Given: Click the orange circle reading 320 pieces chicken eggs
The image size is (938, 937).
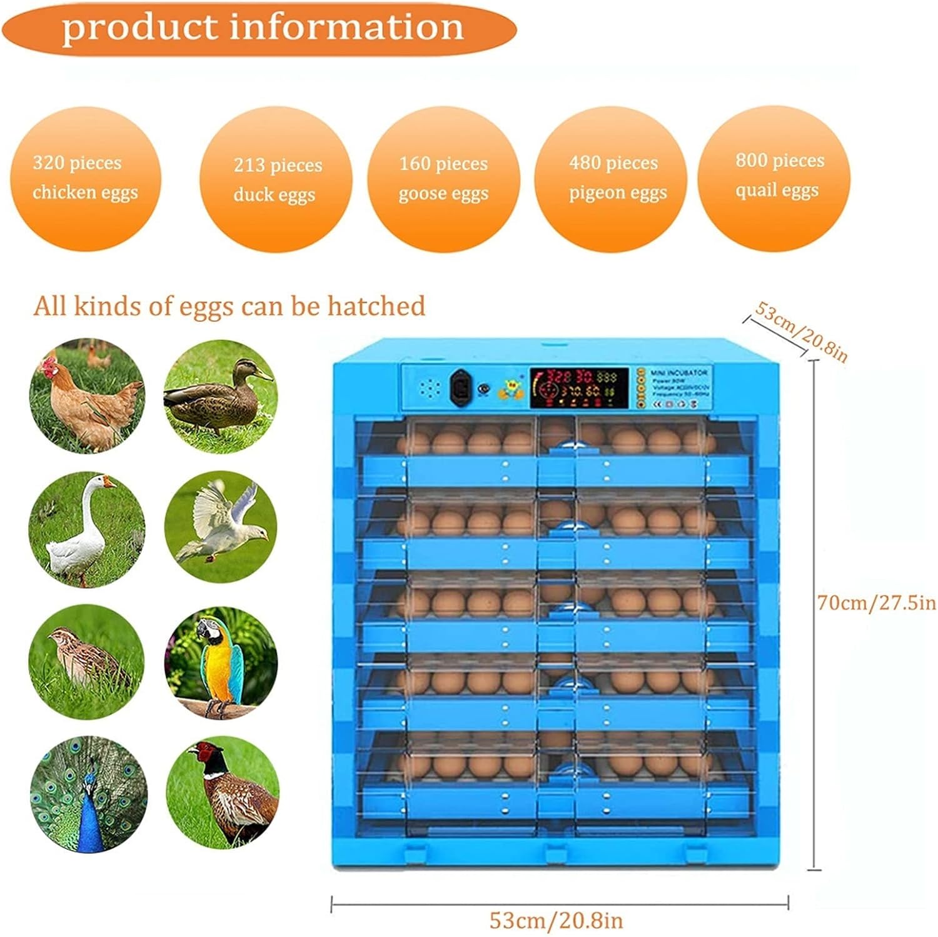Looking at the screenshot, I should click(86, 178).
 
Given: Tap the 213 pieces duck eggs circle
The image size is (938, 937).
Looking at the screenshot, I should click(276, 179).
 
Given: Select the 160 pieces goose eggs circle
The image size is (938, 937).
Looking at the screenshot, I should click(443, 179).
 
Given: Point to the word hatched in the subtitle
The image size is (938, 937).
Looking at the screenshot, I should click(376, 306).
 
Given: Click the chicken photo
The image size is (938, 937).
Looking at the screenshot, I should click(88, 396).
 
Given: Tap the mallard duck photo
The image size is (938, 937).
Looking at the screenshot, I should click(220, 396).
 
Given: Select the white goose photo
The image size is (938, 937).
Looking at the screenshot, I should click(87, 529).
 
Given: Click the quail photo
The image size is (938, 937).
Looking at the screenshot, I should click(87, 661).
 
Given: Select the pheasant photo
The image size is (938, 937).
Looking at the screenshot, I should click(222, 793).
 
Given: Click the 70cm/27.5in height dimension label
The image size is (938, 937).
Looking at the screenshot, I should click(876, 603).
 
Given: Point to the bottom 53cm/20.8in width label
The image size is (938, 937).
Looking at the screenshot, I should click(556, 920).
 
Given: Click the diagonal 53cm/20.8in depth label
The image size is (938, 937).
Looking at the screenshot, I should click(801, 331).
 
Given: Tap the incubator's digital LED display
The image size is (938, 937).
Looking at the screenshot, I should click(579, 388).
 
